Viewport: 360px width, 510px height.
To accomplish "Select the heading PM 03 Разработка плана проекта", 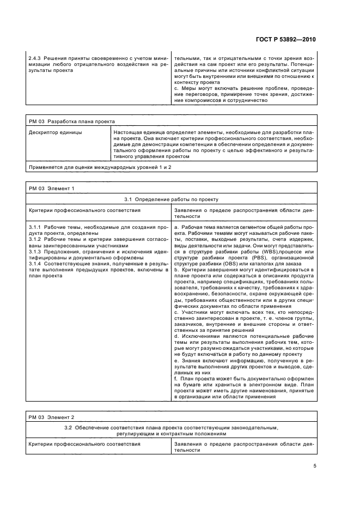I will (x=72, y=122).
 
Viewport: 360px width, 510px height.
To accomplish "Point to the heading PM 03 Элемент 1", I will (x=51, y=188).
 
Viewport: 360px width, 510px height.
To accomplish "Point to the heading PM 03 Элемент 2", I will (x=51, y=417).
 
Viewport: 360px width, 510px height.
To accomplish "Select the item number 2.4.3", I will (x=34, y=56).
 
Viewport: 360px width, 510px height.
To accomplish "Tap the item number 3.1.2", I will (x=34, y=239).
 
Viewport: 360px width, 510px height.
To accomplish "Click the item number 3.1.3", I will (x=34, y=252).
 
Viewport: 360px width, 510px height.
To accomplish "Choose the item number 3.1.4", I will (x=34, y=265).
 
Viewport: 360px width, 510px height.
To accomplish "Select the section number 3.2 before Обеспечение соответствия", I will (x=68, y=428).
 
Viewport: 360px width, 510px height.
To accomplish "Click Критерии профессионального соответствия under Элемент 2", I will (x=84, y=444).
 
